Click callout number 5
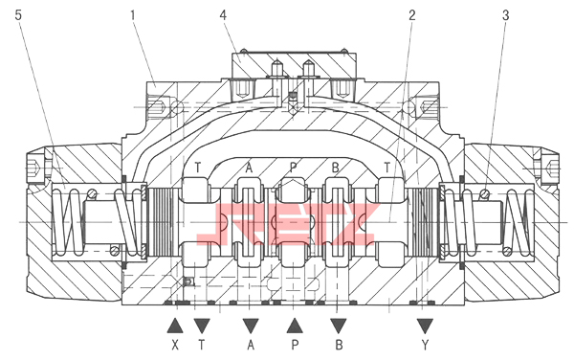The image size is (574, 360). click(x=19, y=15)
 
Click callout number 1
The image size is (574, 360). click(x=133, y=15)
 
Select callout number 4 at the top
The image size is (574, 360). click(x=223, y=15)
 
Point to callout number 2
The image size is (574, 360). click(x=412, y=15)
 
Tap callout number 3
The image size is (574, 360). click(x=505, y=15)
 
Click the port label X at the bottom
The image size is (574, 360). click(x=175, y=345)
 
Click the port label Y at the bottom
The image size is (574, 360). click(x=425, y=345)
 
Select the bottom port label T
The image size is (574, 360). click(x=202, y=345)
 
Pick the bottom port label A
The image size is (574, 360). click(x=251, y=345)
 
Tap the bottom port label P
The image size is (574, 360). click(x=295, y=345)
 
